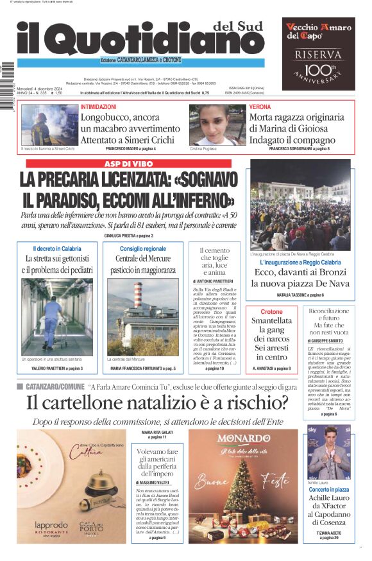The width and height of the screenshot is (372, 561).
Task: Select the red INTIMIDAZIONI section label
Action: tap(99, 107)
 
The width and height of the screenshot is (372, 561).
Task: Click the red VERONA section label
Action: tap(260, 107)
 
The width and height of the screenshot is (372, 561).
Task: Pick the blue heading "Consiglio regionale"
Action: tap(142, 248)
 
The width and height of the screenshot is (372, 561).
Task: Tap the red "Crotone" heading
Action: tap(271, 311)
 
